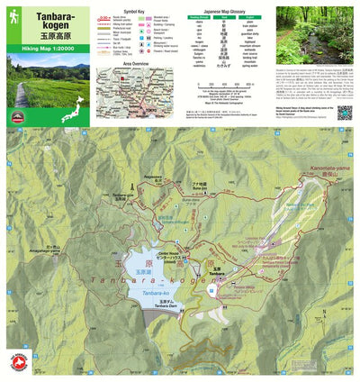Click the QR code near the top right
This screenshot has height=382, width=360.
(344, 113)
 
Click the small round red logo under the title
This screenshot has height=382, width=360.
(16, 117)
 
